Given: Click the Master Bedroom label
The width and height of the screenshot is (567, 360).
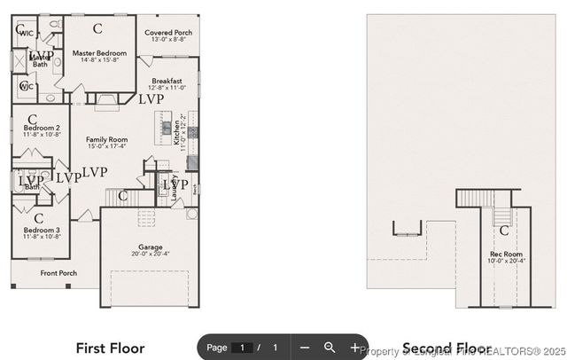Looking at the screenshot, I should (99, 53).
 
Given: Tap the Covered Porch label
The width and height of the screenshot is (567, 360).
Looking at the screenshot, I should (168, 33).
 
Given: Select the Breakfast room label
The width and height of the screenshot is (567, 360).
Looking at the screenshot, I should (167, 81).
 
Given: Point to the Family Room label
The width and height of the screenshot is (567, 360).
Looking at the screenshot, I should (106, 139).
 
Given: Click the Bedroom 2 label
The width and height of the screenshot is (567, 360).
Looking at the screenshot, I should (42, 128).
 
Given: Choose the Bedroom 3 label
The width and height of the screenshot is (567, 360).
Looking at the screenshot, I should (42, 230).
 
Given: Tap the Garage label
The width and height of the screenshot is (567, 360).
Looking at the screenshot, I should (150, 247).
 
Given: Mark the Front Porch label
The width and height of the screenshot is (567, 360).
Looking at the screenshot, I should (58, 273).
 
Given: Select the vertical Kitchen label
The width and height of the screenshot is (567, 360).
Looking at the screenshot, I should (177, 135).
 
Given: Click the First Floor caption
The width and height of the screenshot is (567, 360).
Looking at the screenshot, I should (110, 348).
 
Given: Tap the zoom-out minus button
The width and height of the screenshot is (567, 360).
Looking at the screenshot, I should (304, 348).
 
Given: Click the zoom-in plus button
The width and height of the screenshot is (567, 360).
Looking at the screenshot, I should (355, 348).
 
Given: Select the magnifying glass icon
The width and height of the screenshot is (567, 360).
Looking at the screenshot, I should (330, 348).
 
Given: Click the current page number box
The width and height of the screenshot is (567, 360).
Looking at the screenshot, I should (242, 348).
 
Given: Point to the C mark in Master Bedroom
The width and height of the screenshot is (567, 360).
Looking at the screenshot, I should (97, 28).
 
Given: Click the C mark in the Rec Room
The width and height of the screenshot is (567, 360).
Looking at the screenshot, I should (503, 231).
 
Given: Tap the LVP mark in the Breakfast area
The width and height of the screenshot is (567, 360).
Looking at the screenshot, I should (151, 99).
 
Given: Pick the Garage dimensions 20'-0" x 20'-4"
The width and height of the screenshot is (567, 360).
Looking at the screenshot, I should (150, 254).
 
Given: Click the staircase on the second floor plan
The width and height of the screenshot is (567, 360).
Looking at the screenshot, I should (502, 215).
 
